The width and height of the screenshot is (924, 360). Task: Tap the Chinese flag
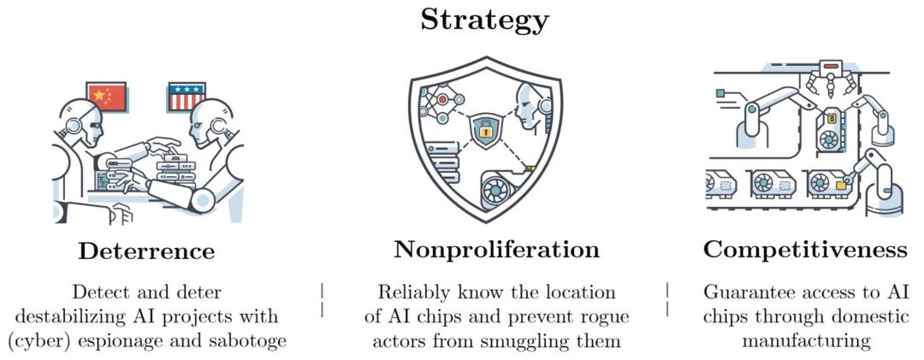tap(107, 97)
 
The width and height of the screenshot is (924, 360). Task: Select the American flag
tap(187, 97)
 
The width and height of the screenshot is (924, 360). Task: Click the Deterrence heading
tap(146, 251)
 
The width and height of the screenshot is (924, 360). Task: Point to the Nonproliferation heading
tap(496, 250)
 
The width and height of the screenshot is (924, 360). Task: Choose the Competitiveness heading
tap(806, 250)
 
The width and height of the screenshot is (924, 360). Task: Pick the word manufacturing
tap(806, 342)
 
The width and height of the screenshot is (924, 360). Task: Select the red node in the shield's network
tap(442, 99)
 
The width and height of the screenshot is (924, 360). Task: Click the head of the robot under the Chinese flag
tap(82, 124)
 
